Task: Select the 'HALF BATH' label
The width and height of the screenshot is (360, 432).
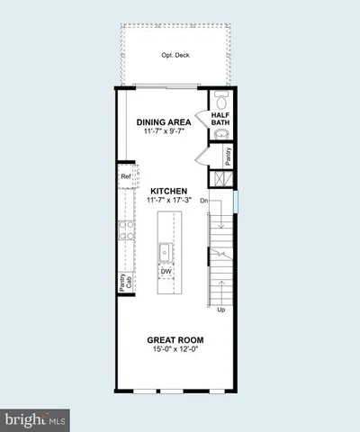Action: pos(221,120)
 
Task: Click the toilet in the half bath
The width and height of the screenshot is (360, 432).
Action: pos(220,100)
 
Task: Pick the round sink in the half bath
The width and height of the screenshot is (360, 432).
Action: pos(221,138)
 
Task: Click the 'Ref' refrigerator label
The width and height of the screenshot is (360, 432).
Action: pos(125,177)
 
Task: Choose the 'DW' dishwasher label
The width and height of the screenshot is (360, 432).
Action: pos(166,270)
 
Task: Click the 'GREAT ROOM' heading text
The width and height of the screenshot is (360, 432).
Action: pos(175,339)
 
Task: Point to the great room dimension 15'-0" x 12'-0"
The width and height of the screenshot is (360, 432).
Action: pos(175,349)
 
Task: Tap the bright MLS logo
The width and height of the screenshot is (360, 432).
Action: pos(34,419)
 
